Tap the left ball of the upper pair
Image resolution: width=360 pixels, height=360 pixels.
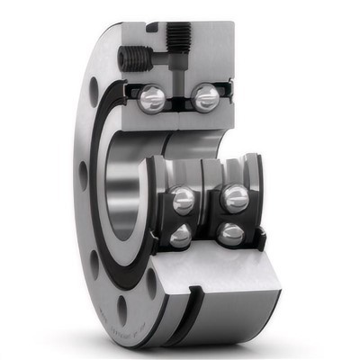[x=152, y=96]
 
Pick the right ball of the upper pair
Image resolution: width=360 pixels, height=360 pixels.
[x=205, y=96]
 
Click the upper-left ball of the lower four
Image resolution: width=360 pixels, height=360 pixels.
[x=184, y=199]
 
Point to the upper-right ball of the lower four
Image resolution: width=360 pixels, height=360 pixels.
[x=236, y=197]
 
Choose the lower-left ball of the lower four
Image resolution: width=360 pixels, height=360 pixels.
[x=180, y=235]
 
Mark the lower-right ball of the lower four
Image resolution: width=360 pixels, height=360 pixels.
[x=231, y=235]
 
